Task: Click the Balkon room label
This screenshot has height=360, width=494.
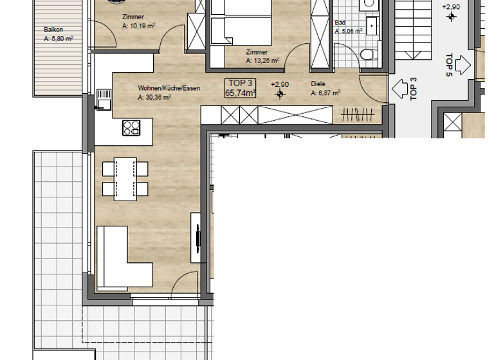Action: (53, 30)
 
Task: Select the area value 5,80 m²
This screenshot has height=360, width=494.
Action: (58, 38)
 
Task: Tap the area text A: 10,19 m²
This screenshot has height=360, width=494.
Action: (140, 26)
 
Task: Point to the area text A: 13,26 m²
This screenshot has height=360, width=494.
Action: (262, 60)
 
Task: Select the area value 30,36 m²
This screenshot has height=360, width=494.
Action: (154, 98)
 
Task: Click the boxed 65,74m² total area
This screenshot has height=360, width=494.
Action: (240, 93)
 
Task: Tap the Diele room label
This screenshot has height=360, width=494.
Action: (318, 84)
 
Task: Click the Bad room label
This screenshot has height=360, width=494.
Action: (340, 22)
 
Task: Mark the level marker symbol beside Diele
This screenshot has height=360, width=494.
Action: (280, 94)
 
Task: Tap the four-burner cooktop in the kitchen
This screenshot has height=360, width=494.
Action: (132, 127)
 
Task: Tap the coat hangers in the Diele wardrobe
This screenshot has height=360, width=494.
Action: (358, 115)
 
